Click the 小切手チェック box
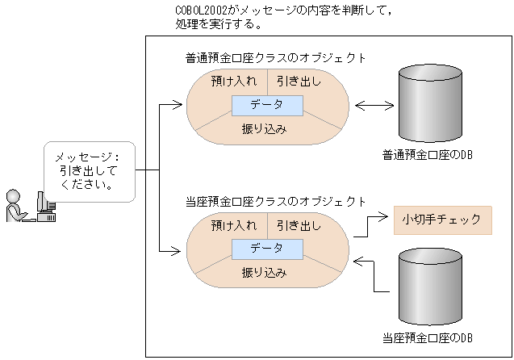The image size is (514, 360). (442, 220)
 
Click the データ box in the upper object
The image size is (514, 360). (267, 106)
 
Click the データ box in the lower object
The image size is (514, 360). (267, 249)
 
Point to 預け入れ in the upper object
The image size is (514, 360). (233, 82)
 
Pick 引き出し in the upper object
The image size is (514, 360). (299, 82)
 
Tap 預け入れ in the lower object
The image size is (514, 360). (233, 225)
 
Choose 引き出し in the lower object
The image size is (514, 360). (299, 225)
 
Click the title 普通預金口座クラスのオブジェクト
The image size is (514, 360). (275, 58)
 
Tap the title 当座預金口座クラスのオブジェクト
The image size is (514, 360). (275, 201)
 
